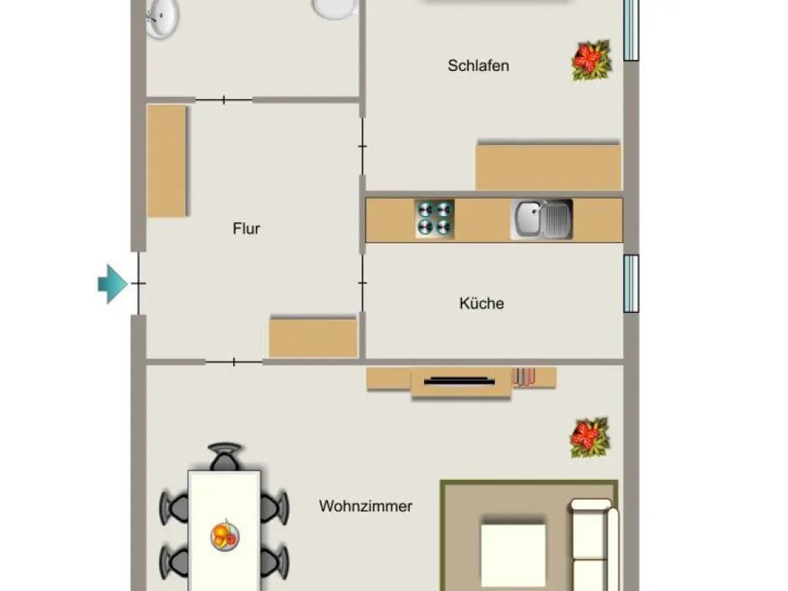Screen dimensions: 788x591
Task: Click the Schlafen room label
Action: [478, 65]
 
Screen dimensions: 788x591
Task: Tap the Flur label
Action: [246, 229]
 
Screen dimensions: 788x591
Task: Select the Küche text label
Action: [481, 303]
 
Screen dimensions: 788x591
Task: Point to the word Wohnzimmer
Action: [366, 506]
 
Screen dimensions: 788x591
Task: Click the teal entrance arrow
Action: [112, 284]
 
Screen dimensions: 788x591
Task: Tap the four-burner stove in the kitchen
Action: [435, 218]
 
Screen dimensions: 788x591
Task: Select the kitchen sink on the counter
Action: [541, 219]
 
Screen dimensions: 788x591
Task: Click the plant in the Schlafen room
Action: [592, 61]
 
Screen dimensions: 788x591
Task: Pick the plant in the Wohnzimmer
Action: [589, 437]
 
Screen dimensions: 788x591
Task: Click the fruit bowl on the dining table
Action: [225, 535]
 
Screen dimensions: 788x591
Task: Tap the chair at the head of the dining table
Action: [225, 456]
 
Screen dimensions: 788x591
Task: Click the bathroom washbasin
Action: [162, 18]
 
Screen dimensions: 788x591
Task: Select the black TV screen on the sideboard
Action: [459, 381]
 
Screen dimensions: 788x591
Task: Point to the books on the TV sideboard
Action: [524, 377]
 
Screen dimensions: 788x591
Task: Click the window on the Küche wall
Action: [631, 284]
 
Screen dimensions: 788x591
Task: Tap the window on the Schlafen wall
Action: [631, 30]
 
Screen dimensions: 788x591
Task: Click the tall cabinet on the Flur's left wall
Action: [166, 160]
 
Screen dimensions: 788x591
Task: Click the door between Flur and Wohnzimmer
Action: [234, 362]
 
